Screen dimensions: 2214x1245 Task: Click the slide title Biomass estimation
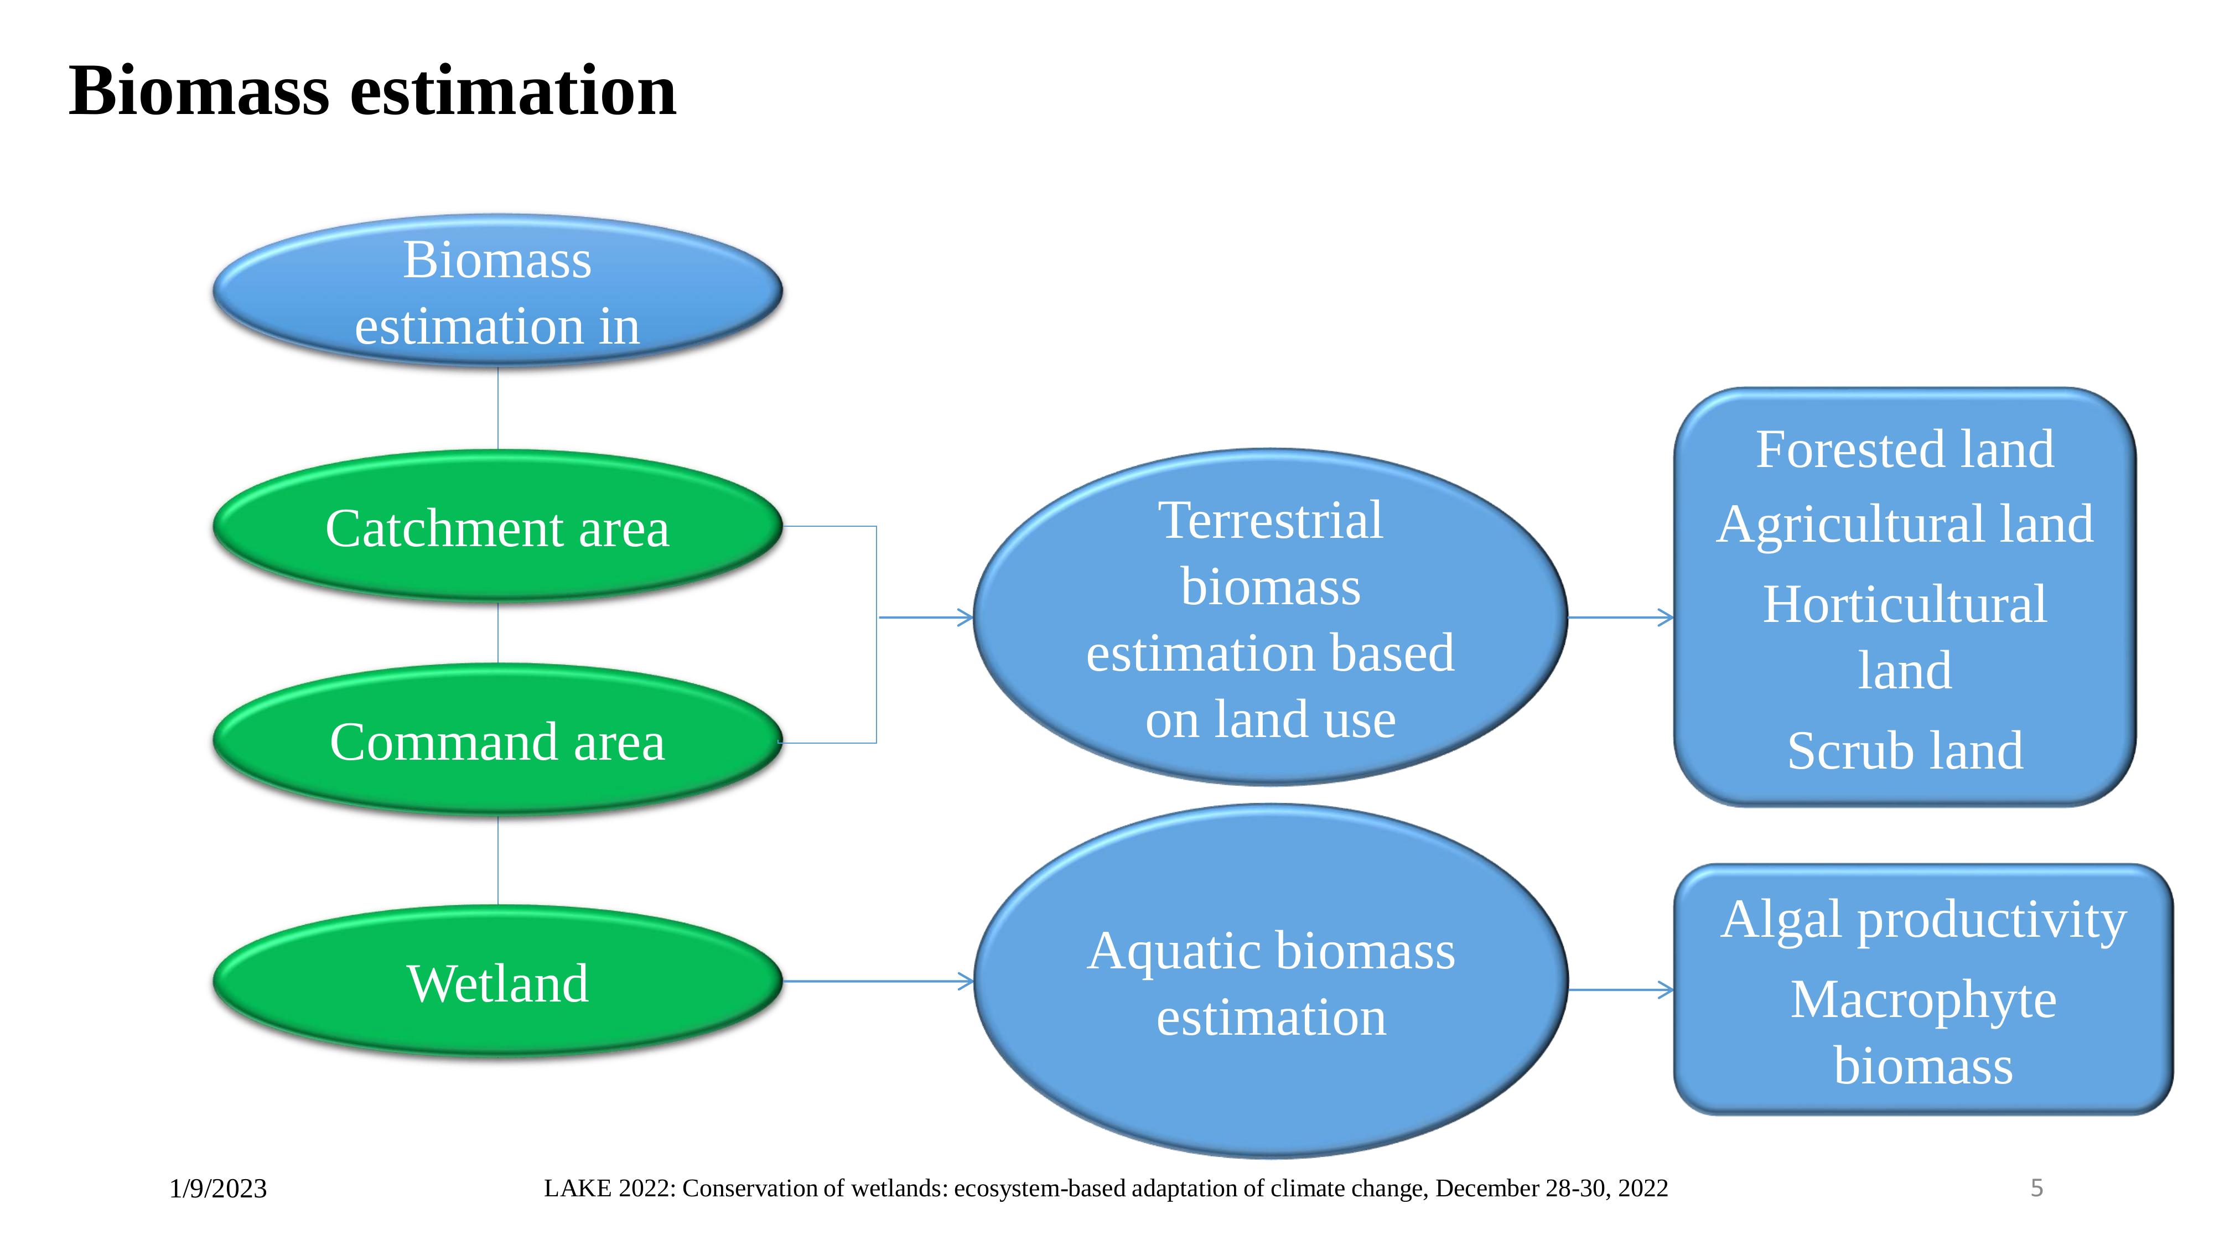(372, 91)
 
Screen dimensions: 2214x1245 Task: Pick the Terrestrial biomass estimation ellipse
(1271, 617)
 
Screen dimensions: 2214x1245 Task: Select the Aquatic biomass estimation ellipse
(1271, 981)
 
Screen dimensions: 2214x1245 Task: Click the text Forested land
(1905, 449)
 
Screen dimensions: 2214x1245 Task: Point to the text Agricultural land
(1905, 524)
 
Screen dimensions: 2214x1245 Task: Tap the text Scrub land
(1905, 750)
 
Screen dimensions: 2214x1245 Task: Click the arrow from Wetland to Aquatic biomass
(878, 981)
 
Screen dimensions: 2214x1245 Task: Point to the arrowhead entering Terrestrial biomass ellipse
(966, 617)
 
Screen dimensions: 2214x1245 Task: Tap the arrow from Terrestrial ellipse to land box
(1621, 617)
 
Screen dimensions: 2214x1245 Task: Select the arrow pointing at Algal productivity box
(1621, 990)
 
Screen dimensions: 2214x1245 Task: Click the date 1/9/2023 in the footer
(219, 1189)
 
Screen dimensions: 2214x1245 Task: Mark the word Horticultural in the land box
(1905, 604)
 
